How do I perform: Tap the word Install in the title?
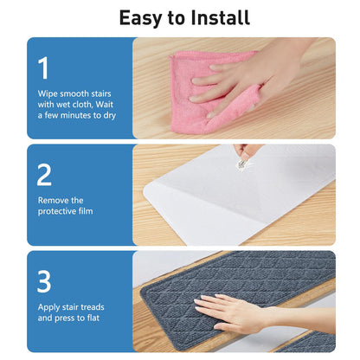220,17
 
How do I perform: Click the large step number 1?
43,68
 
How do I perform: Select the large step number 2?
44,175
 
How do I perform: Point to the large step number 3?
44,281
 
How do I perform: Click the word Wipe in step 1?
48,94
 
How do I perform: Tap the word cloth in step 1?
81,105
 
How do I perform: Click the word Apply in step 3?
48,308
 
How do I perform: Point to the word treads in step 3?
93,307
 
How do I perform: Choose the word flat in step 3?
93,318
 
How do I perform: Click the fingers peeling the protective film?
245,151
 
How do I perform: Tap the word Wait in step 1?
104,104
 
